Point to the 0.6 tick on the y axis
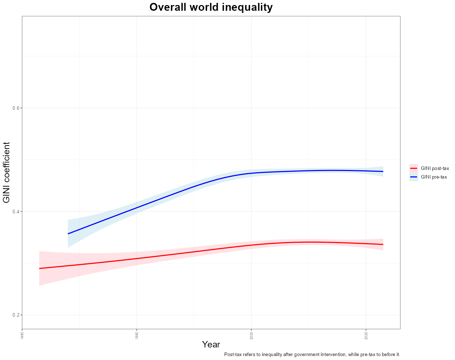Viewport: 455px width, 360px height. [16, 108]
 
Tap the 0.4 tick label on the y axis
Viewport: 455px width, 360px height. [16, 212]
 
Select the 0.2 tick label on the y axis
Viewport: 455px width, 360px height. [16, 315]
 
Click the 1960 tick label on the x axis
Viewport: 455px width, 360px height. [22, 335]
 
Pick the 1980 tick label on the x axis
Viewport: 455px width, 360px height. [136, 335]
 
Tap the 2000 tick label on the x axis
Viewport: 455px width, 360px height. [251, 335]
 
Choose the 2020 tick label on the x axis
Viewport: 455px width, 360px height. [366, 335]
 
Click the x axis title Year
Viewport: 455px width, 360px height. [211, 345]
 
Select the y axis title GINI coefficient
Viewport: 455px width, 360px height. [7, 172]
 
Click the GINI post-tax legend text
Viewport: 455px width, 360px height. [435, 168]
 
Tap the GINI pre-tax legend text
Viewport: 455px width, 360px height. [434, 177]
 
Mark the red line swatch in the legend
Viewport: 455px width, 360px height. [414, 168]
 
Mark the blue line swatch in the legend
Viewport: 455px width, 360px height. [414, 177]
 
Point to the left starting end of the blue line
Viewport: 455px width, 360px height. [68, 234]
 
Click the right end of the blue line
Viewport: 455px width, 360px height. [383, 171]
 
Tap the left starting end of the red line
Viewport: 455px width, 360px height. [39, 269]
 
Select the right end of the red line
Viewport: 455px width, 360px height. [383, 245]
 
